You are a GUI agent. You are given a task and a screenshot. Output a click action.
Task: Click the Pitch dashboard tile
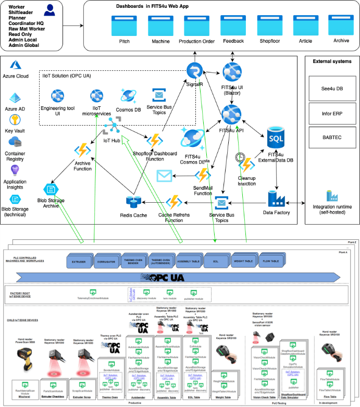tap(124, 24)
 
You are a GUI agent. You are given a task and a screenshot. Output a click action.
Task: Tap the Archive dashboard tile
tap(341, 24)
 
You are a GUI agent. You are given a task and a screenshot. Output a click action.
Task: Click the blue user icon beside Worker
tap(51, 10)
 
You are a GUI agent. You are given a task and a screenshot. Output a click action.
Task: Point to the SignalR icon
tap(195, 70)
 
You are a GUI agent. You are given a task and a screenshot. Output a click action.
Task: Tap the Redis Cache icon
tap(133, 202)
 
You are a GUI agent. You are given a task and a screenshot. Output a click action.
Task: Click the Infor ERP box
tap(331, 111)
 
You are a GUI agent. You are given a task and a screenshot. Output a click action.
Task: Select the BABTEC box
tap(331, 135)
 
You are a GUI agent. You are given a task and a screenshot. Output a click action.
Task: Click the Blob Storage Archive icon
tap(51, 190)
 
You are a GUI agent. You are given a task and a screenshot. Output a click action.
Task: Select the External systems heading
tap(332, 61)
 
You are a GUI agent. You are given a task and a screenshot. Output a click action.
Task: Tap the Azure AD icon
tap(15, 98)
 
